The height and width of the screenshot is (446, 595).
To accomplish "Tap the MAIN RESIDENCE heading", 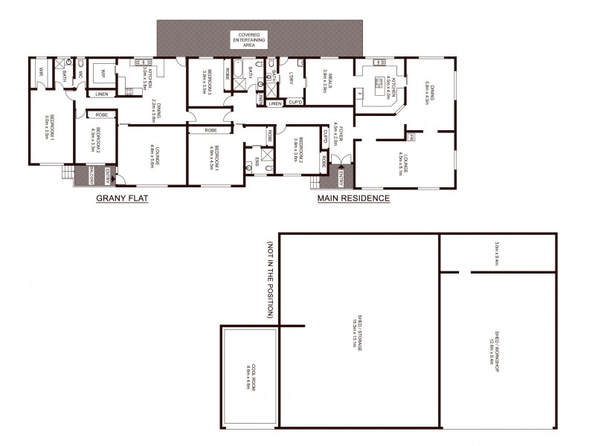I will (x=353, y=198).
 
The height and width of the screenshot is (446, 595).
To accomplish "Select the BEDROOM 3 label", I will (x=209, y=80).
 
